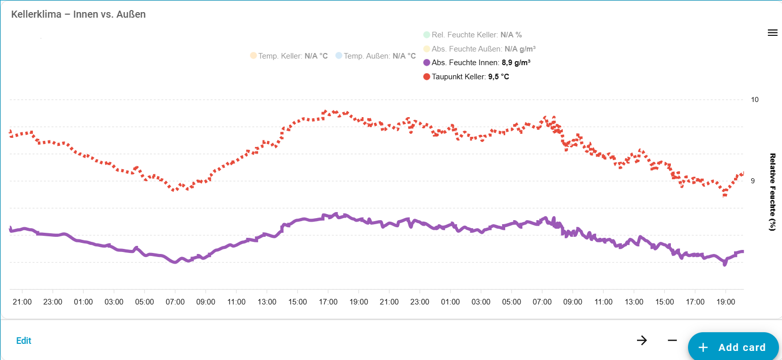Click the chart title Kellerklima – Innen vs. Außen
point(78,14)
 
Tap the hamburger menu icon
point(772,33)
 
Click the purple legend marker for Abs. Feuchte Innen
point(427,63)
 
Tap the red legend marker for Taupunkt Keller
point(427,77)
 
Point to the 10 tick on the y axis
point(755,99)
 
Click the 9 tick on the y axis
point(753,181)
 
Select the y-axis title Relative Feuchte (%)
point(772,192)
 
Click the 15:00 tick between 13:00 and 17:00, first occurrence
point(298,302)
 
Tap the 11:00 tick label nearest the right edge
point(603,302)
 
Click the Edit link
point(24,341)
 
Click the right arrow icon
point(642,340)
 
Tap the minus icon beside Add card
point(672,340)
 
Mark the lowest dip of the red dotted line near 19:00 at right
point(725,194)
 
